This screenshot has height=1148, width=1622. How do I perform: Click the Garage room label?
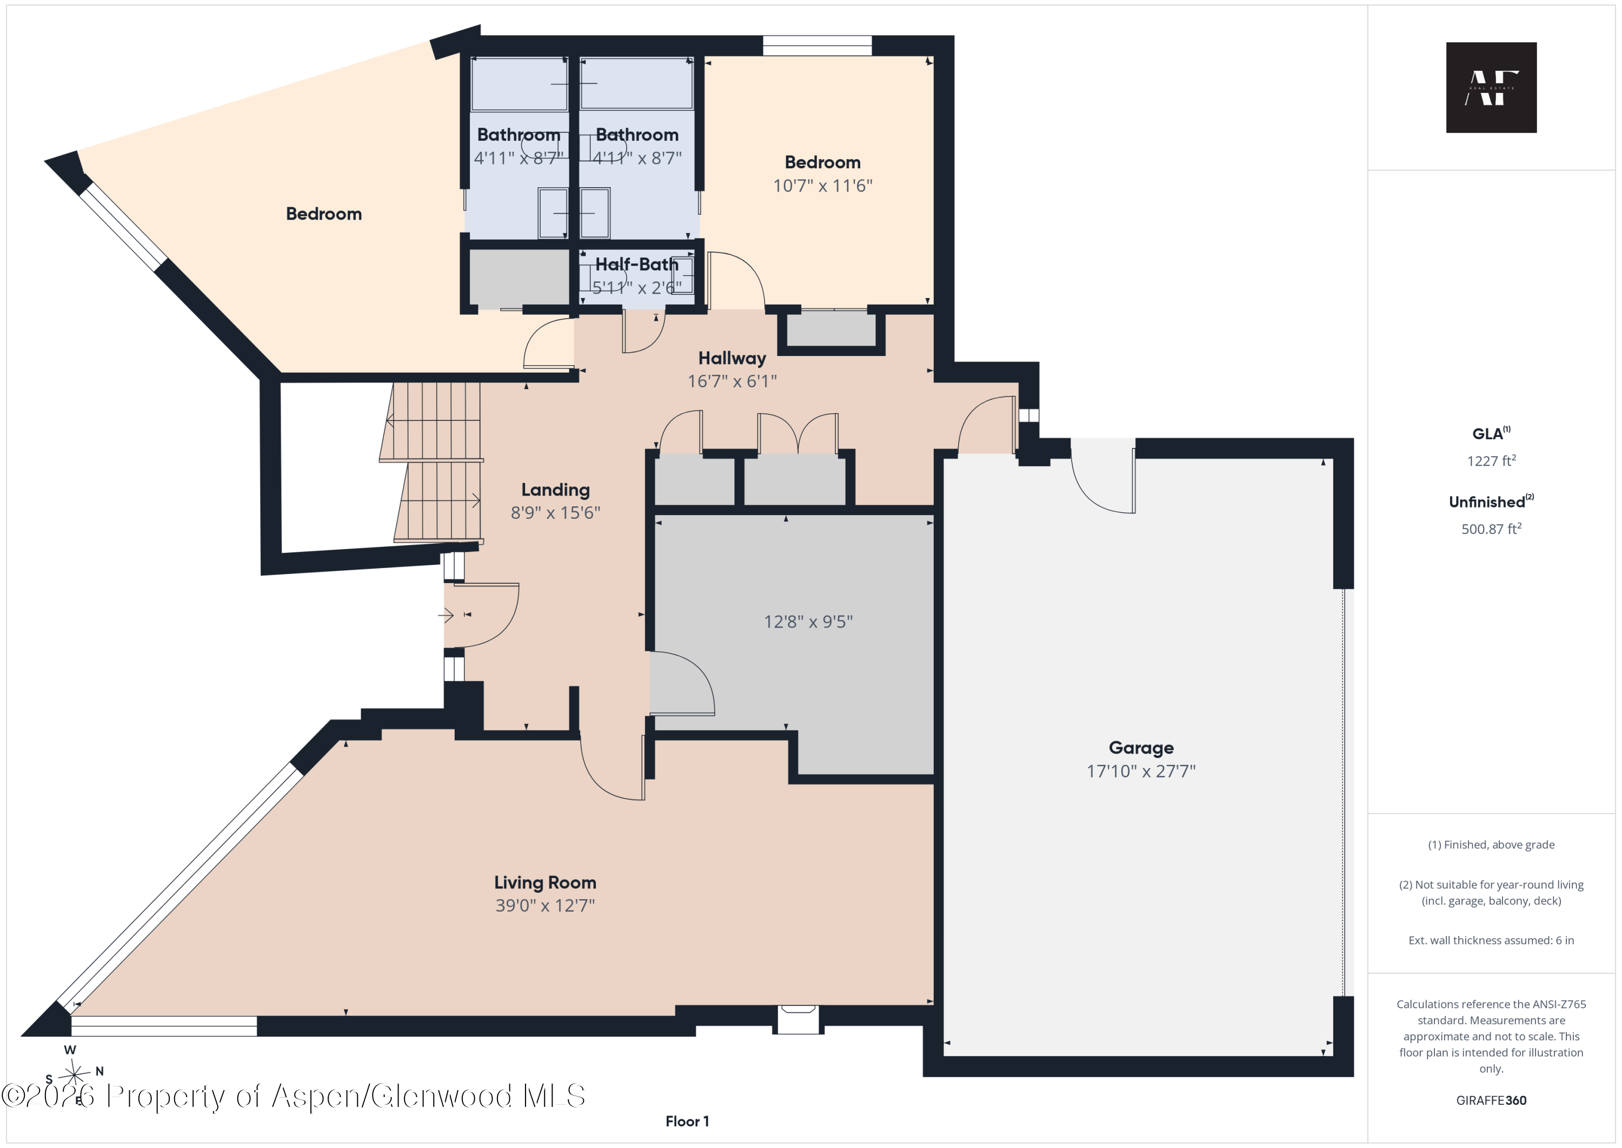tap(1141, 748)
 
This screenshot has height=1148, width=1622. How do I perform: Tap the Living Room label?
tap(544, 882)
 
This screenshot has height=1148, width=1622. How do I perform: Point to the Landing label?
tap(555, 490)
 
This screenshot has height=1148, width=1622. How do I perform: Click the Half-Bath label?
tap(636, 265)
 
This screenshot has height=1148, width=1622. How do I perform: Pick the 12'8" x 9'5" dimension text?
tap(808, 622)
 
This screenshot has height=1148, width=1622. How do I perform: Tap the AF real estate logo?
tap(1491, 88)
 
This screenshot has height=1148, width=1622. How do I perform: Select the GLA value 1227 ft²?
tap(1491, 461)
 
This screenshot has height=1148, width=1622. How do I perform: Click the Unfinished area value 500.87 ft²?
tap(1491, 529)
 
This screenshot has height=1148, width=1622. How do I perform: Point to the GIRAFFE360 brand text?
tap(1491, 1100)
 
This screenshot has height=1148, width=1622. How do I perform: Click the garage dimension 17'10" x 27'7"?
tap(1141, 771)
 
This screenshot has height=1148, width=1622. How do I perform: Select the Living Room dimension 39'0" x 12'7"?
tap(544, 906)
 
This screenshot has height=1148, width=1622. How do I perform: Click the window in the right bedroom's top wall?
tap(817, 45)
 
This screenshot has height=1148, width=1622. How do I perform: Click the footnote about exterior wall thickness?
tap(1491, 940)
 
